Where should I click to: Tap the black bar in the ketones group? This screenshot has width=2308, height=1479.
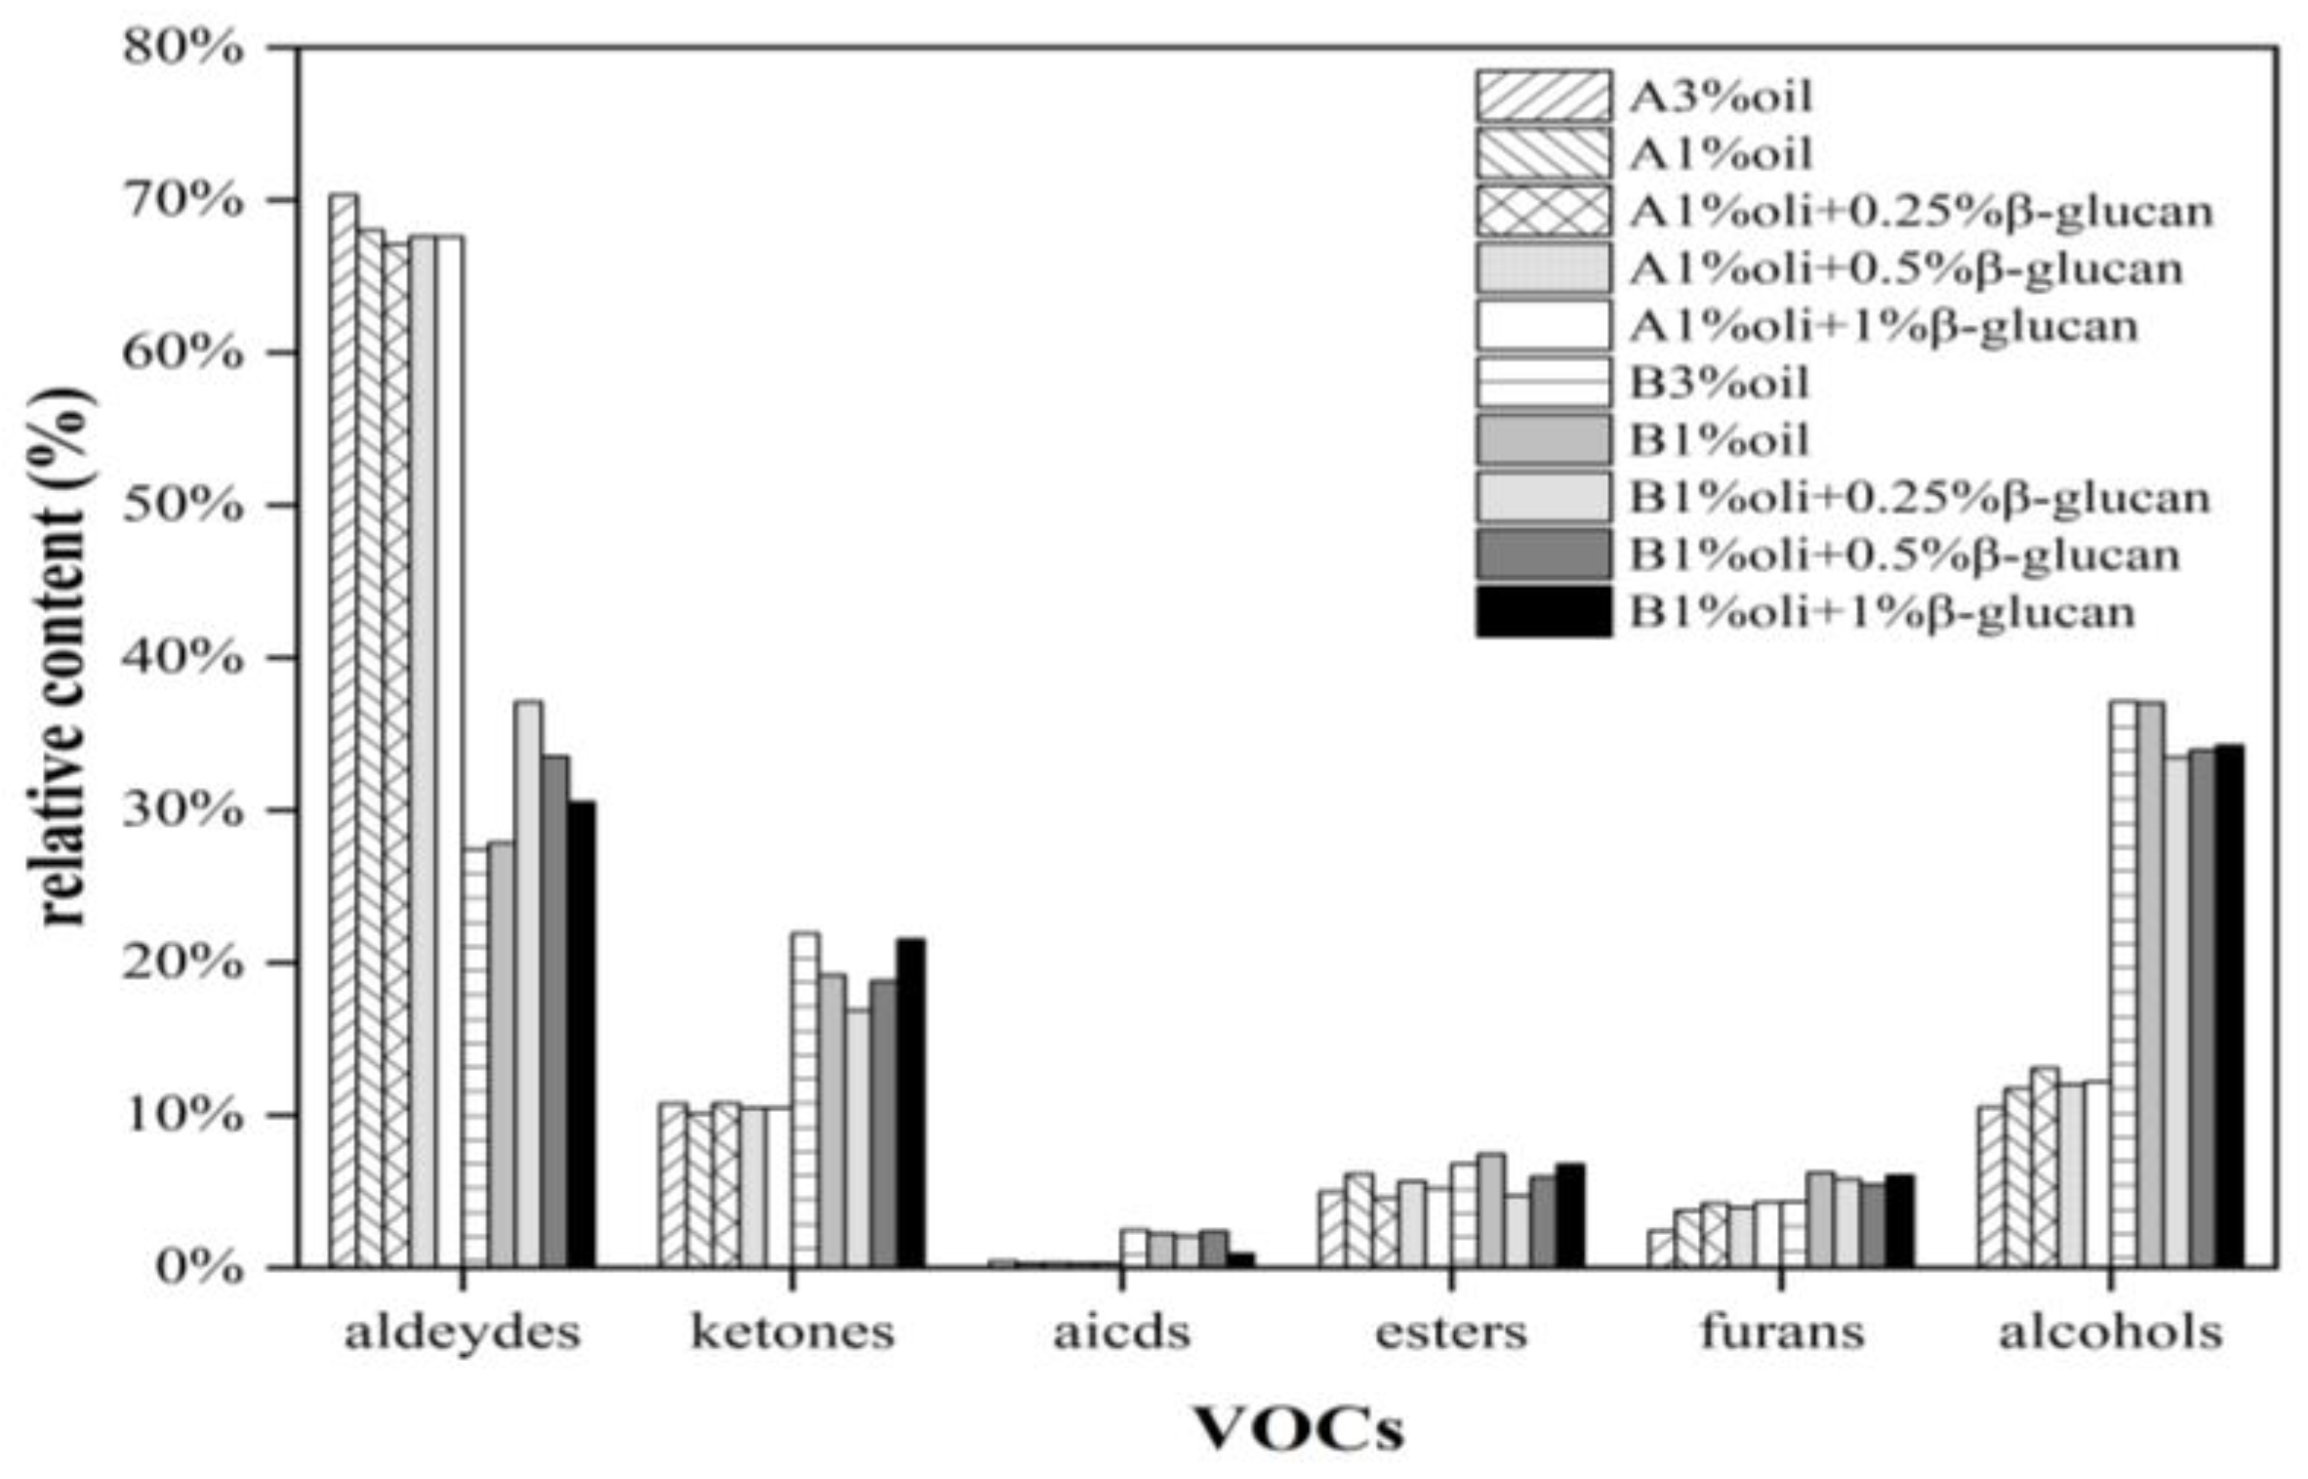[x=911, y=1103]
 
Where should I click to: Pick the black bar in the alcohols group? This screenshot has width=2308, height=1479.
[x=2230, y=1006]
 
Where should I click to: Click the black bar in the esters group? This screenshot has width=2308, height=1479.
[x=1570, y=1215]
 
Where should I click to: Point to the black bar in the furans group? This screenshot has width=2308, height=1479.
[x=1899, y=1220]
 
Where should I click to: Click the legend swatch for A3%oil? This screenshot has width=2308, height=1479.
[x=1543, y=96]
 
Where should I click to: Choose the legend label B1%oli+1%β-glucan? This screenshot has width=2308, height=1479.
[x=1883, y=613]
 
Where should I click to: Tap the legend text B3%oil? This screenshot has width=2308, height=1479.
[x=1720, y=383]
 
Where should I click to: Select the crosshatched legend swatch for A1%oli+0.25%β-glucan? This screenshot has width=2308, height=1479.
[x=1543, y=211]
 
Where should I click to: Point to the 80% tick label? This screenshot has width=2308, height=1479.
[x=182, y=47]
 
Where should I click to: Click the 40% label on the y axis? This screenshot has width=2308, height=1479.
[x=182, y=657]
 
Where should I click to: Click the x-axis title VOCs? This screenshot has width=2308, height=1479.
[x=1299, y=1430]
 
